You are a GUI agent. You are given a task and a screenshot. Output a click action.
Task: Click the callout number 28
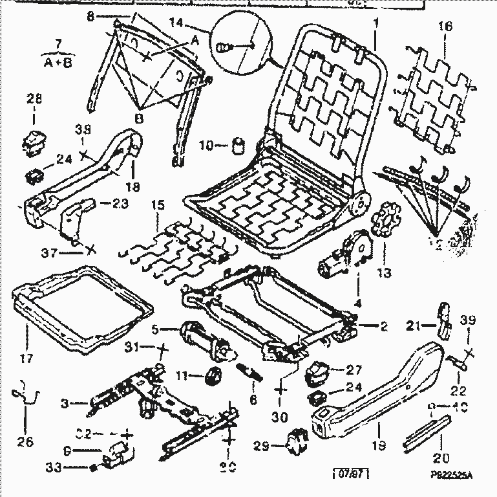(34, 99)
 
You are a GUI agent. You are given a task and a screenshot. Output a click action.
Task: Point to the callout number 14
(176, 23)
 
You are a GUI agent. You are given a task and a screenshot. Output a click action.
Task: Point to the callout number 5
(156, 328)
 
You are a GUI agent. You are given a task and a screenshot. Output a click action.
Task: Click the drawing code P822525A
(452, 476)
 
